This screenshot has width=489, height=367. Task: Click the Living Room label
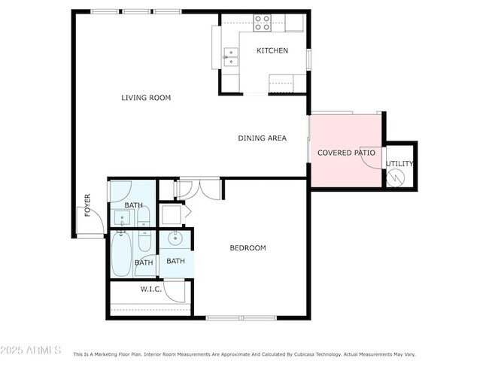click(146, 98)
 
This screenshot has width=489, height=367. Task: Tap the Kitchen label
click(272, 50)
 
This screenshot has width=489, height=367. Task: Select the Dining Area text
click(263, 138)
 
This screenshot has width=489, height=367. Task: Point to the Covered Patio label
click(346, 153)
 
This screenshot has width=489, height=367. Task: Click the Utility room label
click(399, 164)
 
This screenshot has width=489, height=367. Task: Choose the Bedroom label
click(248, 248)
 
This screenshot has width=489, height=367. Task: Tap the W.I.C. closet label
click(151, 290)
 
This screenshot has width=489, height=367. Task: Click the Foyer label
click(87, 205)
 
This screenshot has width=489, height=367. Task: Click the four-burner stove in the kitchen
click(262, 23)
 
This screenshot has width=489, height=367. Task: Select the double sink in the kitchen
click(231, 57)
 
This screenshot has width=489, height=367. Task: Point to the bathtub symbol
click(121, 253)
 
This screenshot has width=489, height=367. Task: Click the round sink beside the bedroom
click(175, 239)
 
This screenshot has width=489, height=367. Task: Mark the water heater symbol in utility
click(396, 178)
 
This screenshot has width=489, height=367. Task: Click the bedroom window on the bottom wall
click(241, 318)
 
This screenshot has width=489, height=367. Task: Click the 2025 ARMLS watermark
click(31, 350)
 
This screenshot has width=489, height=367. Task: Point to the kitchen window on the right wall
click(308, 59)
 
